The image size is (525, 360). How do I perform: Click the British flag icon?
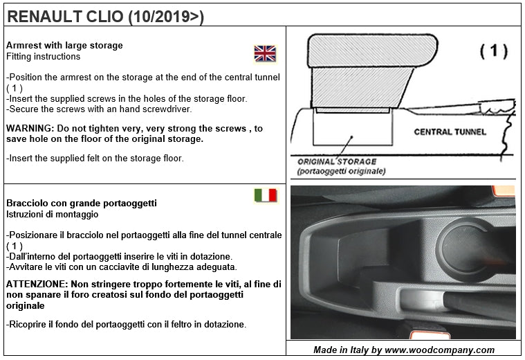(265, 53)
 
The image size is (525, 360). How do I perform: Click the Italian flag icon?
(266, 195)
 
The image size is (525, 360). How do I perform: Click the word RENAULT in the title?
(44, 17)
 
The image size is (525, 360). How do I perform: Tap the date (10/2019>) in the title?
(166, 17)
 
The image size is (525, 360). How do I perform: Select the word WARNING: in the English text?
(30, 128)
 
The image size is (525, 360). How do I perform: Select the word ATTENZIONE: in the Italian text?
(37, 285)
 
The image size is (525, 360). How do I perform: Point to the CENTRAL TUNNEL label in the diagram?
(450, 132)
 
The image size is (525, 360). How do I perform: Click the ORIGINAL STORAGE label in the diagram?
(337, 161)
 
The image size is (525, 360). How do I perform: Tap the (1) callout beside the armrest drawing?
(494, 51)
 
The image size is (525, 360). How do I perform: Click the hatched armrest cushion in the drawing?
(372, 51)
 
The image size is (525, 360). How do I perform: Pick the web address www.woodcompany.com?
(440, 350)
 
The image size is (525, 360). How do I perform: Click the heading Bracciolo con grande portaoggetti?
(82, 203)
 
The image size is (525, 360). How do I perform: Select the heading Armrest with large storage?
(64, 45)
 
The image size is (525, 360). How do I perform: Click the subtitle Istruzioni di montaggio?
(53, 215)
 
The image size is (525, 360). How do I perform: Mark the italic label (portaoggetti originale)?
(341, 171)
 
